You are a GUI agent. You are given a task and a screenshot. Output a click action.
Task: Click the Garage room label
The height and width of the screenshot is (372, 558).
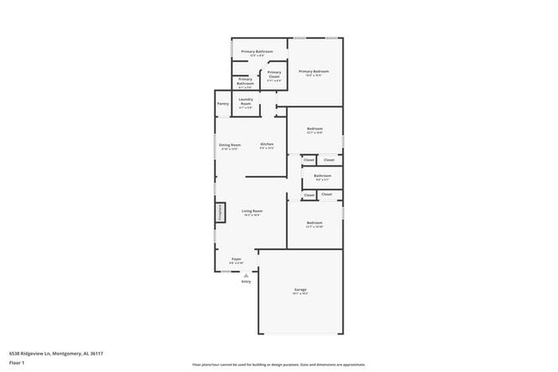(x=300, y=290)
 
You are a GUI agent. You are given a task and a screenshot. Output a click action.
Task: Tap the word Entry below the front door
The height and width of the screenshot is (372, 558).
(x=246, y=281)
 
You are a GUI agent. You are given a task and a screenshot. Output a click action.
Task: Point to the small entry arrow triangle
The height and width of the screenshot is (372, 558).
(x=246, y=274)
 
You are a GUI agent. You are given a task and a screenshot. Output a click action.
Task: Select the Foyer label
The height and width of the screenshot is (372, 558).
(x=236, y=260)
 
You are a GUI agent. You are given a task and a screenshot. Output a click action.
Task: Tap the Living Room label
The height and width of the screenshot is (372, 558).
(x=252, y=211)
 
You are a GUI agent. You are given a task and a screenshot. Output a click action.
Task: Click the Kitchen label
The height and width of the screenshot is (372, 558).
(x=267, y=144)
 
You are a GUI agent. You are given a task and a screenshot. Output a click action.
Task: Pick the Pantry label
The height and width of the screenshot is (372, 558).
(x=222, y=105)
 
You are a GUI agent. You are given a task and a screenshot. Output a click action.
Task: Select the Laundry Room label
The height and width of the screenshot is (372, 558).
(x=246, y=102)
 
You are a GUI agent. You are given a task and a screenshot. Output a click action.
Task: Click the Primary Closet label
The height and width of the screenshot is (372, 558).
(x=274, y=73)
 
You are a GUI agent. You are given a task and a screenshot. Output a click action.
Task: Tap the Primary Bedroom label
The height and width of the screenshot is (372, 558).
(x=313, y=71)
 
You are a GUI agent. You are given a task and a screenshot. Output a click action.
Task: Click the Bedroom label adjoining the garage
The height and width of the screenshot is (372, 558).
(x=314, y=223)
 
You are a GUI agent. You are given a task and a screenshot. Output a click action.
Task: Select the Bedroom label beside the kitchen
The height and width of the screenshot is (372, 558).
(x=314, y=129)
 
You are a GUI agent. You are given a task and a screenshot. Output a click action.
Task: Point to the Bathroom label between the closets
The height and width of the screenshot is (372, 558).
(x=322, y=176)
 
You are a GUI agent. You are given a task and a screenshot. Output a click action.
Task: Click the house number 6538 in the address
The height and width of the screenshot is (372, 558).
(x=15, y=352)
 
